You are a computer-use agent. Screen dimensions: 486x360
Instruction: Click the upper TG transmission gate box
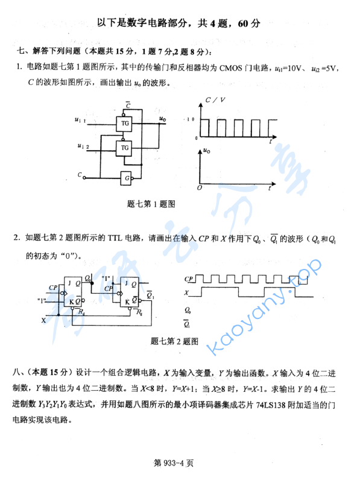[125, 123]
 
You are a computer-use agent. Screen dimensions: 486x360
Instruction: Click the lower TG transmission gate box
[125, 147]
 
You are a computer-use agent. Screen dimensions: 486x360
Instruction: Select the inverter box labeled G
[127, 177]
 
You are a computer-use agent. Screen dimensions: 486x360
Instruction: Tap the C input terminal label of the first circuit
[80, 175]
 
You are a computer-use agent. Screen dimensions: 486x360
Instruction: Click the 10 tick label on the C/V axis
[190, 119]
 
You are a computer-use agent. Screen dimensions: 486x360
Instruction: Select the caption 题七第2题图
[174, 341]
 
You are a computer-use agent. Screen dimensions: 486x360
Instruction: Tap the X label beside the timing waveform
[187, 293]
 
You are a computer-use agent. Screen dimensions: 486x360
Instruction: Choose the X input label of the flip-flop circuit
[43, 321]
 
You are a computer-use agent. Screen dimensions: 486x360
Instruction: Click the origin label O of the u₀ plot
[199, 188]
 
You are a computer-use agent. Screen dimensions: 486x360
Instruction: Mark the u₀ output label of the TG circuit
[162, 119]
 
